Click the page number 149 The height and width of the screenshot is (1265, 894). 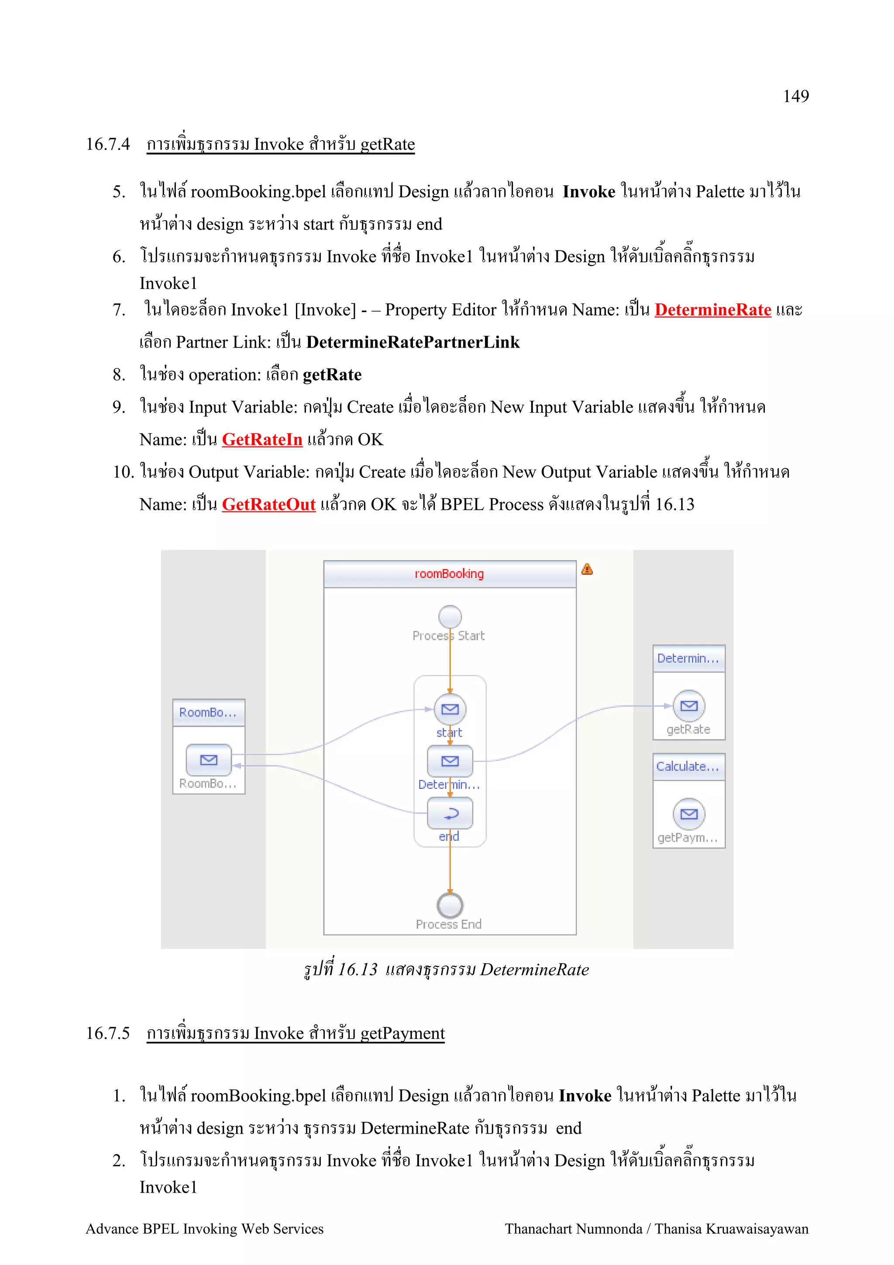(795, 96)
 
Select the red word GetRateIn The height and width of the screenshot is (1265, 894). (262, 439)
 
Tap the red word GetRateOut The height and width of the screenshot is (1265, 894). (269, 504)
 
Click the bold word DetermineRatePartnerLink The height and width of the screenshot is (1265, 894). (413, 342)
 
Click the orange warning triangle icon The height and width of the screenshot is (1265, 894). (587, 569)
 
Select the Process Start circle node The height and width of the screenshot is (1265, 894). (450, 616)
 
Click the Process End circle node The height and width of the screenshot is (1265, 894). (450, 905)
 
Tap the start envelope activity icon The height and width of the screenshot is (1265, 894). (450, 709)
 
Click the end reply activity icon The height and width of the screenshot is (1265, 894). (450, 813)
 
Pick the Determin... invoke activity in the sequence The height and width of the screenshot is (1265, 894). (450, 761)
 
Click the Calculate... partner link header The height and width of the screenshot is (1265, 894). (688, 767)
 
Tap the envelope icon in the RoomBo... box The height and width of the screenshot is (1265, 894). (208, 760)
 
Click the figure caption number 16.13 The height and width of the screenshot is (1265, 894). (357, 969)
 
